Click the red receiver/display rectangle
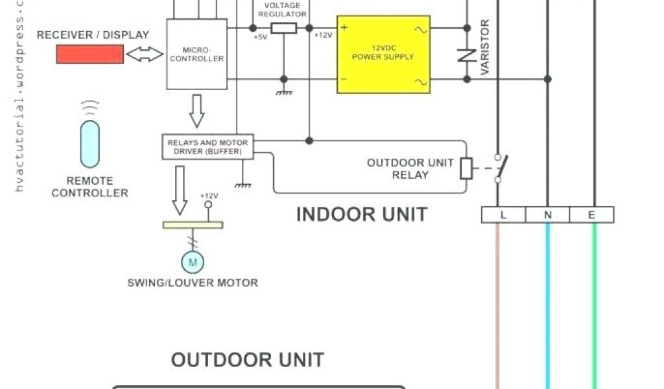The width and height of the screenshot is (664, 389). click(x=89, y=54)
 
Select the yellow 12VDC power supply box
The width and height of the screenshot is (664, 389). click(x=383, y=54)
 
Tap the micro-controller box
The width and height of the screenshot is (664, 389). click(x=197, y=54)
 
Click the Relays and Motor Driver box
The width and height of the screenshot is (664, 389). click(x=207, y=147)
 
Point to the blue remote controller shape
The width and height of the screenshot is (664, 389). click(x=90, y=143)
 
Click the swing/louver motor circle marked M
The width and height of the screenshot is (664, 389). click(x=192, y=262)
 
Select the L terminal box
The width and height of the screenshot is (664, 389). click(x=503, y=215)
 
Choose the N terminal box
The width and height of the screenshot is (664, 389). click(x=547, y=215)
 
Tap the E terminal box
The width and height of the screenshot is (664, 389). click(x=591, y=215)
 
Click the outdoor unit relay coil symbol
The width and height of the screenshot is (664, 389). click(x=466, y=169)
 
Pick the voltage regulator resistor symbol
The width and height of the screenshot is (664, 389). click(x=283, y=28)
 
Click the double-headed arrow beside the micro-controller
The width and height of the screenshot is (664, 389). click(x=145, y=55)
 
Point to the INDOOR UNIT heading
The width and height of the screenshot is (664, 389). click(x=362, y=214)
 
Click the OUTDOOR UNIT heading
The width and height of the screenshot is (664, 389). click(x=247, y=359)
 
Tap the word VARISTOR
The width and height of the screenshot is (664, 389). click(x=485, y=47)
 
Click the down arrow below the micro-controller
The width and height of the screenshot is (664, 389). click(x=197, y=111)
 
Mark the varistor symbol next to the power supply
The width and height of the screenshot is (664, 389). click(x=466, y=54)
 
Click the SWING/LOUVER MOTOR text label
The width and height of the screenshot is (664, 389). click(x=193, y=283)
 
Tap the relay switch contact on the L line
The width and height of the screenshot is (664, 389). click(x=499, y=168)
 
